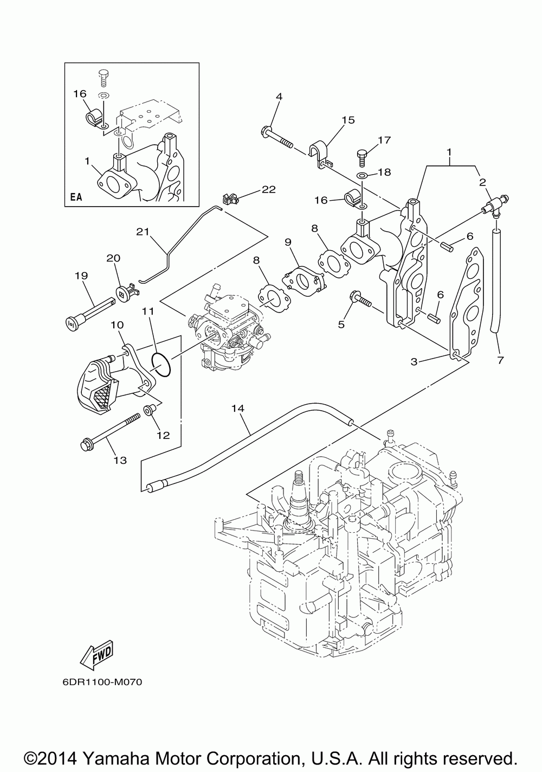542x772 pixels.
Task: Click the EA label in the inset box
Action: [x=76, y=197]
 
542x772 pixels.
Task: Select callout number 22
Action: [x=269, y=189]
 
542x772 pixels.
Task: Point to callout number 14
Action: [x=238, y=409]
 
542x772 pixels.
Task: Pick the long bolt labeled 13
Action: [x=110, y=430]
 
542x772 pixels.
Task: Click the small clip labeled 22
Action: [x=229, y=199]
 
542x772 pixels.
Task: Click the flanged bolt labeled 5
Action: [x=360, y=299]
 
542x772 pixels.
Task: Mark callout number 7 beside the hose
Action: [x=500, y=360]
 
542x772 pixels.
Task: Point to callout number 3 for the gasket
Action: [x=414, y=361]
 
